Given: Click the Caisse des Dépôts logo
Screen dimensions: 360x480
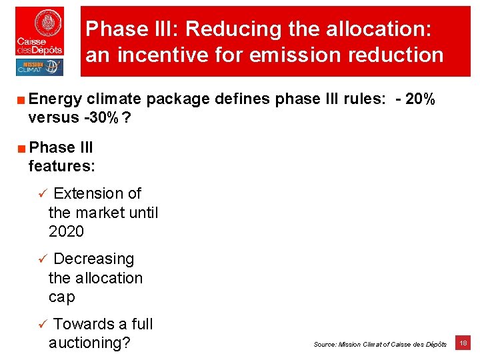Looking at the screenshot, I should (x=40, y=31).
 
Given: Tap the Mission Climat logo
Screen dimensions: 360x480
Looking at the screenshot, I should (x=39, y=67).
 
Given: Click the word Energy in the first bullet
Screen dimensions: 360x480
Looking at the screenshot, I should (x=55, y=99).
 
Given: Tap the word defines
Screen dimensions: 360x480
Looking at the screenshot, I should (x=239, y=99).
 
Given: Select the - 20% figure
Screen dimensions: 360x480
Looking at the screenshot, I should (x=416, y=99).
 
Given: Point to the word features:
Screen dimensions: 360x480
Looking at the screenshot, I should (x=62, y=165).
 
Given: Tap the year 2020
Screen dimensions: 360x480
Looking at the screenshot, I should (x=66, y=232).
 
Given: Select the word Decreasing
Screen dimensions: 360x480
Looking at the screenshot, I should (x=93, y=259).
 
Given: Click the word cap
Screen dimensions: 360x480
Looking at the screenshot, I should (x=62, y=297).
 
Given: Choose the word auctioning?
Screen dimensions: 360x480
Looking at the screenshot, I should (x=89, y=343).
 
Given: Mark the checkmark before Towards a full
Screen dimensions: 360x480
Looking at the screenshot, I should (x=41, y=325).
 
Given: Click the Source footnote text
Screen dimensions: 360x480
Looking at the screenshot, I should (x=380, y=344).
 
